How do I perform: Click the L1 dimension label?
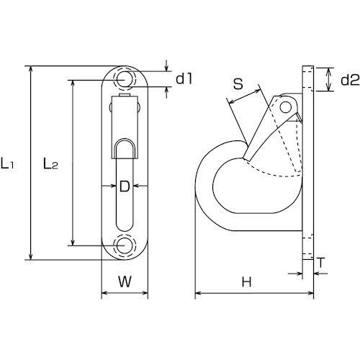coord(10,165)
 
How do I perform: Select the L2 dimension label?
coord(50,165)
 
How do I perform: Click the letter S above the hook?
coord(238,84)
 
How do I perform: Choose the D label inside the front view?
coord(124,187)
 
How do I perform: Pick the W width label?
coord(124,283)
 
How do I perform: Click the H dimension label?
coord(246,283)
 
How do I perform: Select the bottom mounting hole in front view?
coord(125,246)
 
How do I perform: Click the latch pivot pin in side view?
coord(288,107)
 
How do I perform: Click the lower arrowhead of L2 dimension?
coord(72,241)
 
